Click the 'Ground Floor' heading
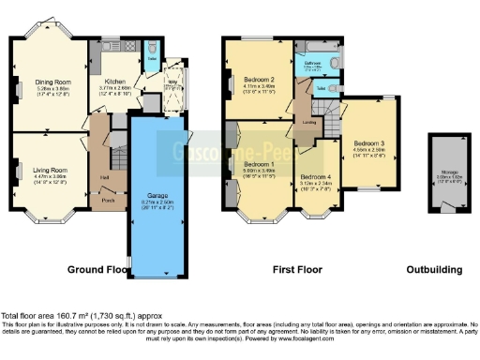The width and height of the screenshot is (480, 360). tap(97, 270)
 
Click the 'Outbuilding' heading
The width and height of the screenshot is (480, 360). tap(434, 270)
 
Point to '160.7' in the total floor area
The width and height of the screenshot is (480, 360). tap(65, 316)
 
